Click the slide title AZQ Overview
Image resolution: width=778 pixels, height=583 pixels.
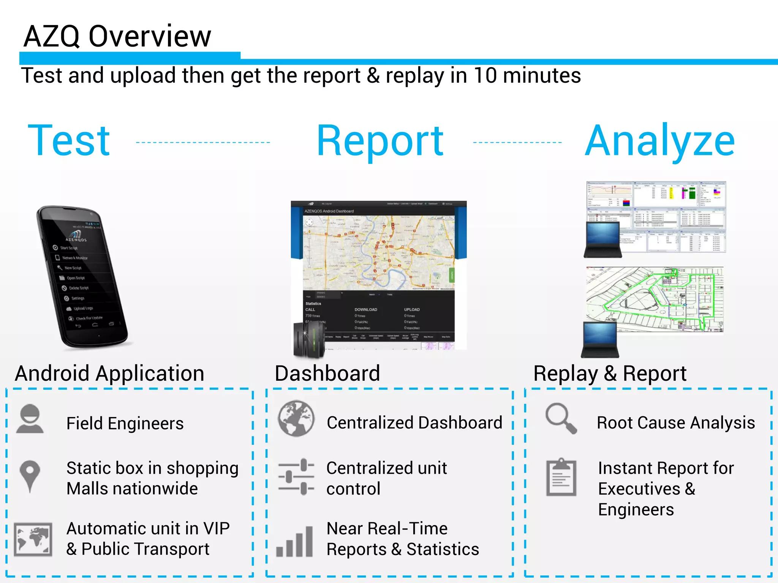tap(117, 36)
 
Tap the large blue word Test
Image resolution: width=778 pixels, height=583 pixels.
tap(69, 141)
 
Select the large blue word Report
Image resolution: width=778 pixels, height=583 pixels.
tap(380, 142)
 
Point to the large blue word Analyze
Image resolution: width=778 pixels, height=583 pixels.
tap(660, 142)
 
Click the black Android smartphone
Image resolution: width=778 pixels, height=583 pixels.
tap(82, 277)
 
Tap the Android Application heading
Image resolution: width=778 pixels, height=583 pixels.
tap(109, 373)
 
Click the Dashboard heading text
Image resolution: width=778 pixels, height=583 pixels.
tap(327, 373)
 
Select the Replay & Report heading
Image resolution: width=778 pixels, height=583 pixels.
tap(610, 373)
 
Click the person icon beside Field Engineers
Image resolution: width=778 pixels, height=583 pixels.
tap(30, 419)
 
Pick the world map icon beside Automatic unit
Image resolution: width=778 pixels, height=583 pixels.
tap(33, 539)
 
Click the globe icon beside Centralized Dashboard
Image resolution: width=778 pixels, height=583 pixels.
tap(296, 419)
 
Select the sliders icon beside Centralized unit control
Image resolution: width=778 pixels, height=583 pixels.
tap(296, 477)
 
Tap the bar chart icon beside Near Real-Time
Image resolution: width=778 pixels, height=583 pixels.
tap(295, 542)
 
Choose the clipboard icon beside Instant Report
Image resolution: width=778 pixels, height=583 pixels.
tap(561, 477)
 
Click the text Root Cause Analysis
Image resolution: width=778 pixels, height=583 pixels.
tap(675, 423)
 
